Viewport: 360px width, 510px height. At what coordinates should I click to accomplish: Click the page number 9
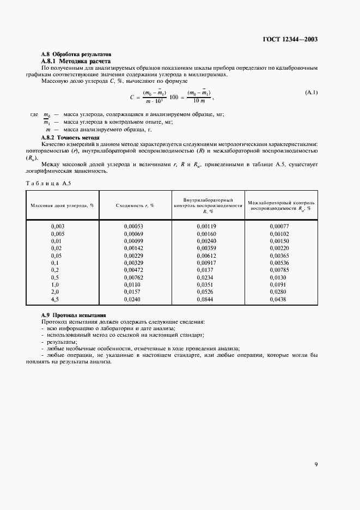pyautogui.click(x=316, y=464)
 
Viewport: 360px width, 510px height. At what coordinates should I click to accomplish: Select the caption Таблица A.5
pyautogui.click(x=49, y=183)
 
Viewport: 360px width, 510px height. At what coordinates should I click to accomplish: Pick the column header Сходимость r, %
pyautogui.click(x=135, y=205)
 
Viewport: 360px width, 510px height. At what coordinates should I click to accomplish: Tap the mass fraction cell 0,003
pyautogui.click(x=58, y=226)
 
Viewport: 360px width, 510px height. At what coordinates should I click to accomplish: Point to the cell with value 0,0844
pyautogui.click(x=206, y=299)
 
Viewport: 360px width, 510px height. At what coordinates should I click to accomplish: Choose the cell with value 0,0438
pyautogui.click(x=278, y=299)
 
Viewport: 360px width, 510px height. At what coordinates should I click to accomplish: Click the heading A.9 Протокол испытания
pyautogui.click(x=74, y=315)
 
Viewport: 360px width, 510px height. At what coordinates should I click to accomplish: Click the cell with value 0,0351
pyautogui.click(x=206, y=284)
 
